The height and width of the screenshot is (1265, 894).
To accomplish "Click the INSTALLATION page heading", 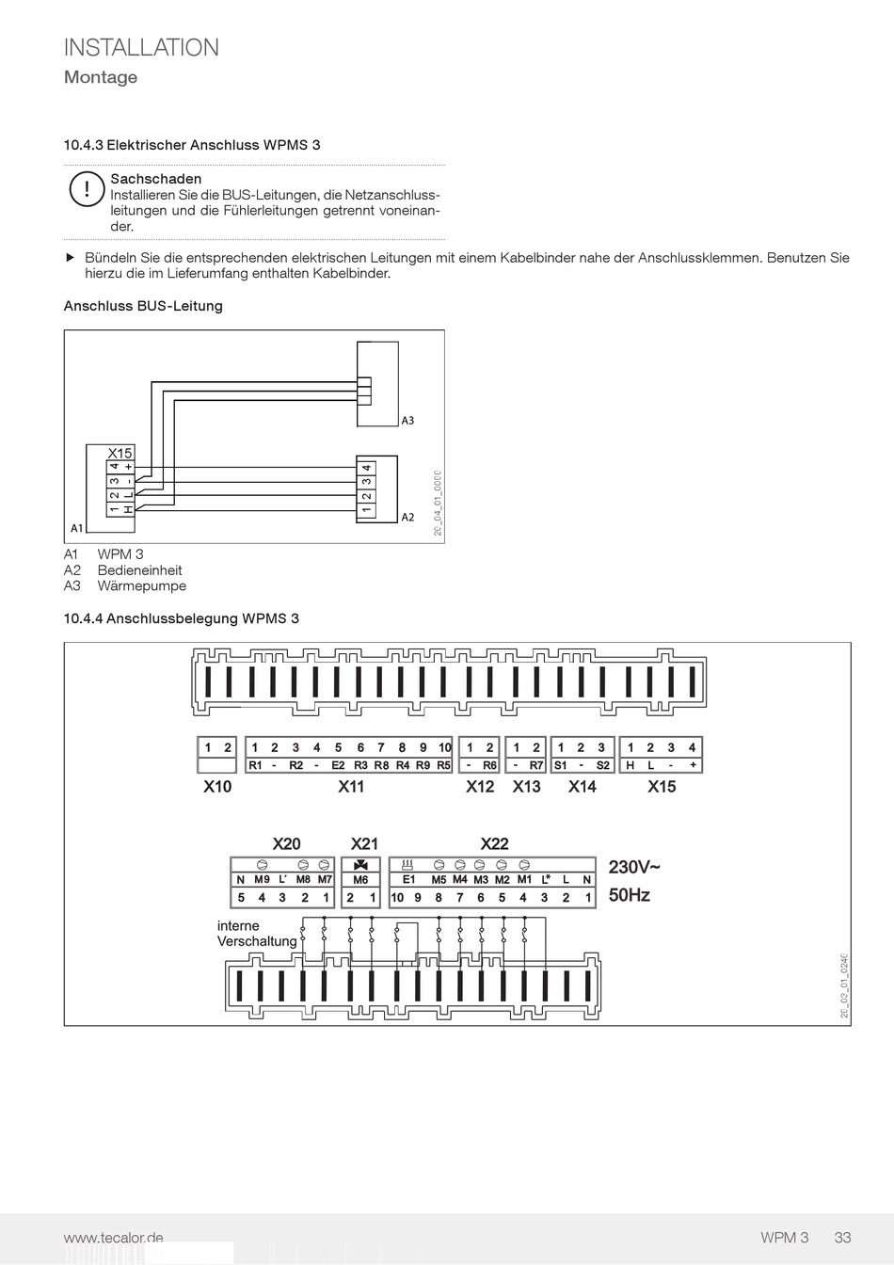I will [141, 48].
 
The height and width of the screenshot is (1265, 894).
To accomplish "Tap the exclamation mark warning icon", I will [86, 189].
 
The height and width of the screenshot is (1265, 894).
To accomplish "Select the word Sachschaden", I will [156, 179].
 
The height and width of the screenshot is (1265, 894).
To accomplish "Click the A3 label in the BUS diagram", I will [407, 421].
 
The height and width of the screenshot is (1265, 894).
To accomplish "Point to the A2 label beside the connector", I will [407, 518].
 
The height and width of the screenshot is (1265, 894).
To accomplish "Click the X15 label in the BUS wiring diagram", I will [120, 453].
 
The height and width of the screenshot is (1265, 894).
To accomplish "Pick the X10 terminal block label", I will [217, 787].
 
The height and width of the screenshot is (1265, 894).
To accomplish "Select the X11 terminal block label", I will [351, 787].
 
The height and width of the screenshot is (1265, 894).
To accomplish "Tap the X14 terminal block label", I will [582, 787].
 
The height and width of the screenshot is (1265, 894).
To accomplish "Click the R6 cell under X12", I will [490, 765].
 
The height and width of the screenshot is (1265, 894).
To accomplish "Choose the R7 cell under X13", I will [536, 765].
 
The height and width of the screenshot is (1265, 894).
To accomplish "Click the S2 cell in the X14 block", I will [603, 765].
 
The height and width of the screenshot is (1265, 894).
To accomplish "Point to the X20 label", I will [286, 844].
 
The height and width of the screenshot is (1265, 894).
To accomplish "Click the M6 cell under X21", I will [360, 880].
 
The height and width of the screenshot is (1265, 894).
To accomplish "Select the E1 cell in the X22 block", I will [409, 880].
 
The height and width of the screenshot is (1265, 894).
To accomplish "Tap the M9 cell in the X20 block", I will [262, 880].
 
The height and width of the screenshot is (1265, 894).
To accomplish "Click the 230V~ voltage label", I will [634, 867].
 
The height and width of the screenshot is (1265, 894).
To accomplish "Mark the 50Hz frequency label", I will [630, 895].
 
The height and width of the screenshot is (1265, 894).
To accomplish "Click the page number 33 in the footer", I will [842, 1238].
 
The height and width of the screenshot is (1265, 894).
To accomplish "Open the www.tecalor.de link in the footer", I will [114, 1238].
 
